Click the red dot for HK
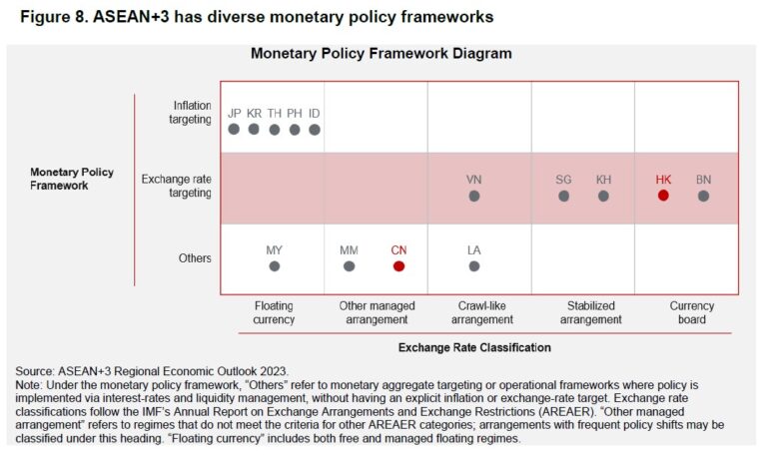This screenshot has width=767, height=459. point(663,196)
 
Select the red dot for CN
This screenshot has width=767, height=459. point(398,266)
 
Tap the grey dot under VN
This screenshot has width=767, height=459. point(474,196)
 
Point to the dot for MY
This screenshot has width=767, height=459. point(275,266)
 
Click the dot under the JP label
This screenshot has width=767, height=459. point(234,129)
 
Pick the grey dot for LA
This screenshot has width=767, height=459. point(474,266)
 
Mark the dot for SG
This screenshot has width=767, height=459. point(563,196)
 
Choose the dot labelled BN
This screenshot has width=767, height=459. point(704,196)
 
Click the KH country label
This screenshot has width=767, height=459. point(603,180)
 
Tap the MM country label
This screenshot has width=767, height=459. point(349,250)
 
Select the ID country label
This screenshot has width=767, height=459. point(315,113)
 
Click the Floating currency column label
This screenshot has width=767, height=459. point(275,312)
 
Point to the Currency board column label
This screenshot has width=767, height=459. point(691,312)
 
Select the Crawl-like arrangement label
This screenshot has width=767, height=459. point(481,312)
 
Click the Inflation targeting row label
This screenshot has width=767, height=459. point(190,113)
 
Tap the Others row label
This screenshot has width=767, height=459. point(195,258)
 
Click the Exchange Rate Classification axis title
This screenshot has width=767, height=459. point(475,348)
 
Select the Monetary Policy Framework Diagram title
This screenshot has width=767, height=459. point(381,53)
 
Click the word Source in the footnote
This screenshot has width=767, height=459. point(34,371)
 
